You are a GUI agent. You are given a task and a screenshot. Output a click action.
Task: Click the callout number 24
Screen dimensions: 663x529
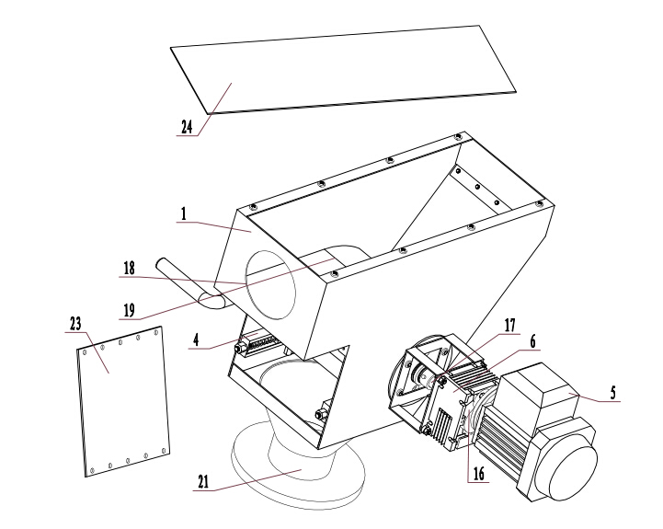(187, 127)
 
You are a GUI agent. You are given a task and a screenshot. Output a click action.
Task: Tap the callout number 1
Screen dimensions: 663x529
(184, 214)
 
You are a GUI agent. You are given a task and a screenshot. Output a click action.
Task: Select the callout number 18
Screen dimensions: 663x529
(130, 269)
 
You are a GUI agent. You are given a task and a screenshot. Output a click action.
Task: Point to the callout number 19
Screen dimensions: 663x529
(130, 310)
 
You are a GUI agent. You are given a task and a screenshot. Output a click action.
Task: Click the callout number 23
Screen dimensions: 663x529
(75, 324)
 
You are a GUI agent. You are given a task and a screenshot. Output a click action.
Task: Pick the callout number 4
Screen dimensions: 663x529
(196, 339)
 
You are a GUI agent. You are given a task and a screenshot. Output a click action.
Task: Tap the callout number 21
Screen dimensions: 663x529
(203, 482)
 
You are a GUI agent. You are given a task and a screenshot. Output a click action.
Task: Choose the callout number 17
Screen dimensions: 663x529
(510, 325)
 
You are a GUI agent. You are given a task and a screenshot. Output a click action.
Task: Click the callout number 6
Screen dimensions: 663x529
(532, 341)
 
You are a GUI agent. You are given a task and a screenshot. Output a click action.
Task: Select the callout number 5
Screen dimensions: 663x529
(613, 393)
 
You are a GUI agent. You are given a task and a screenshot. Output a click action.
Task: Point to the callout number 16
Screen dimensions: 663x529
(479, 474)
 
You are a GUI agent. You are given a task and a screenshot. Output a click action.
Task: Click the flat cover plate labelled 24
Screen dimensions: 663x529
(343, 69)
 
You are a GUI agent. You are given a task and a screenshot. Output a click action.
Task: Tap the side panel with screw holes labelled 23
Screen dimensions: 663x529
(123, 401)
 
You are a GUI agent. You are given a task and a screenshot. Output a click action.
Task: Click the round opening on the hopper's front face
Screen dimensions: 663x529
(270, 284)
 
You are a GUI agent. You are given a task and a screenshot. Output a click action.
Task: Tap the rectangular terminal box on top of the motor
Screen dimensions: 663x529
(536, 386)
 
